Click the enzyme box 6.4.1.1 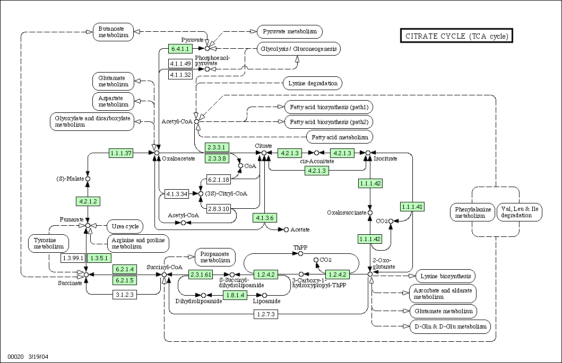coord(180,49)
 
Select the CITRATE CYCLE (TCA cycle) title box coord(456,36)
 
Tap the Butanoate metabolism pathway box coord(113,32)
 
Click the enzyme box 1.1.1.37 coord(121,153)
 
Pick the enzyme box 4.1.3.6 coord(264,218)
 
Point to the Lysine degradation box coord(313,83)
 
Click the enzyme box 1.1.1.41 coord(412,207)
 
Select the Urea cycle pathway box coord(125,226)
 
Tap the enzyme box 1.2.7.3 coord(266,314)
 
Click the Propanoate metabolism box coord(215,257)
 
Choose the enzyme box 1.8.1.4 coord(235,295)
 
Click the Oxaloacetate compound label coord(178,158)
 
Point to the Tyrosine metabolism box coord(49,243)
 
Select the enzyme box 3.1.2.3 coord(125,295)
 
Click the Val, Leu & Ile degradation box coord(520,213)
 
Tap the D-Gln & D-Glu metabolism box coord(451,326)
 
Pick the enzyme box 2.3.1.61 coord(201,275)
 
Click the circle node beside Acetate coord(286,230)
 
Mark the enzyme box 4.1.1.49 coord(180,64)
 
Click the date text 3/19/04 coord(38,357)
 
